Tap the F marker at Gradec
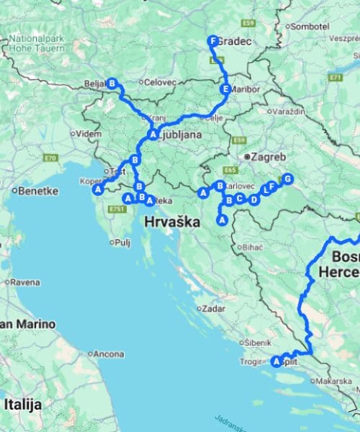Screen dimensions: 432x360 click(x=212, y=42)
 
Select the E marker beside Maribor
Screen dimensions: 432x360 click(x=226, y=89)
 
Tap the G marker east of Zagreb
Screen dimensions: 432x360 click(x=287, y=179)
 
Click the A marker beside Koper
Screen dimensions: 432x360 click(x=97, y=189)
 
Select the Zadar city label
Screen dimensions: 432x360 click(x=214, y=308)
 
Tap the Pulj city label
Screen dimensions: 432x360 click(x=121, y=243)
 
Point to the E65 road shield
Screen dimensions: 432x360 click(x=230, y=170)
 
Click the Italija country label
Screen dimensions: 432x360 click(x=22, y=404)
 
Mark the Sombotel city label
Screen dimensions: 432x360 click(x=310, y=26)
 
